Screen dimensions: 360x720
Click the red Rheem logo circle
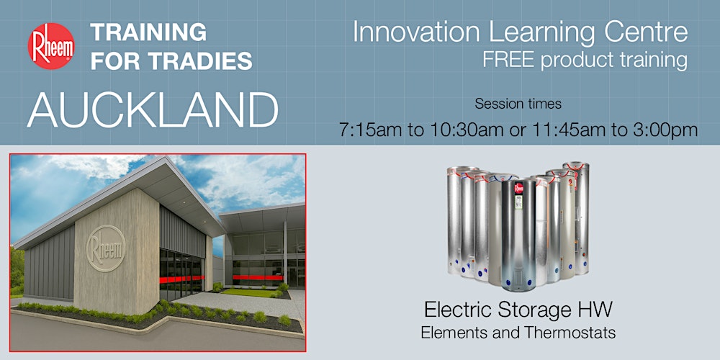(x=50, y=46)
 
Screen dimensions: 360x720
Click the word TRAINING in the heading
(x=148, y=32)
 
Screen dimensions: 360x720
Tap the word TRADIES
(x=205, y=61)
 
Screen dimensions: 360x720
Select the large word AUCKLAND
(x=153, y=110)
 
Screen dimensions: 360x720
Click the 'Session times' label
(x=518, y=104)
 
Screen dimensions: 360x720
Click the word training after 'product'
(x=649, y=60)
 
